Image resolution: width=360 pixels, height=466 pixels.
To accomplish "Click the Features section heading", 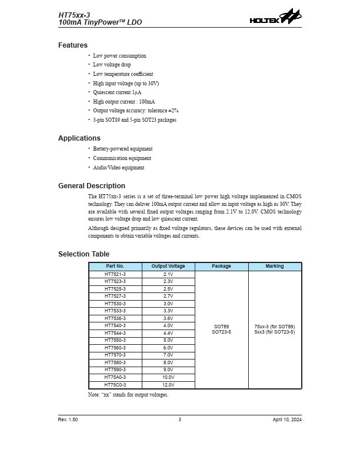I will (x=73, y=45).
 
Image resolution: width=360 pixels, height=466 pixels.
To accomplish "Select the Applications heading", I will (x=79, y=138).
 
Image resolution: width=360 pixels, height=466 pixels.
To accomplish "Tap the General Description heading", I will (x=92, y=186).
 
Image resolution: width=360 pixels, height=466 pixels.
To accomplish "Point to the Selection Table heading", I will (x=84, y=254).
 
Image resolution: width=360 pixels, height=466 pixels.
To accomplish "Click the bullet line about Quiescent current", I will (x=117, y=92).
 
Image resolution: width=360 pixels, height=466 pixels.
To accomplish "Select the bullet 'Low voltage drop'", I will (x=112, y=65).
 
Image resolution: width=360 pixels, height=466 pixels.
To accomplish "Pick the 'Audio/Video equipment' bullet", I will (x=118, y=168).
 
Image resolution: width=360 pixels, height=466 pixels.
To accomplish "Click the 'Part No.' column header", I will (x=115, y=267).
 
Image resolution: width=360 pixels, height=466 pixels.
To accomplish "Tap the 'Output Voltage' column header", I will (x=168, y=267).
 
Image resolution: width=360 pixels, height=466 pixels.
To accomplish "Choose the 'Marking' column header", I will (x=275, y=267).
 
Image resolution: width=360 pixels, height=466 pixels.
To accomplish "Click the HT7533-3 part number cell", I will (x=115, y=311).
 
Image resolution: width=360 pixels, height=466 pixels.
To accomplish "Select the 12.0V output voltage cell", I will (x=168, y=385).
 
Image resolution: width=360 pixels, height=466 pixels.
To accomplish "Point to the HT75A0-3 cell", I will (x=115, y=377).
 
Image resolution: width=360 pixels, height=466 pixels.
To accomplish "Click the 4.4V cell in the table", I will (x=168, y=333).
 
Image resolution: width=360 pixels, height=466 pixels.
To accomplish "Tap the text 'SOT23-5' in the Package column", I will (x=222, y=332).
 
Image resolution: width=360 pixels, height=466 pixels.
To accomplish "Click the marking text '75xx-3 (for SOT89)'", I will (x=275, y=327).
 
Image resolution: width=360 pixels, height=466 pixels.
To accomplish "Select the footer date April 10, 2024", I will (x=287, y=420).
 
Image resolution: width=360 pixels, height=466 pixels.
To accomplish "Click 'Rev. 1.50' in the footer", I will (x=68, y=420).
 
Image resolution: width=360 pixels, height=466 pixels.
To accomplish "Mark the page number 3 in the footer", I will (x=180, y=420).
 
